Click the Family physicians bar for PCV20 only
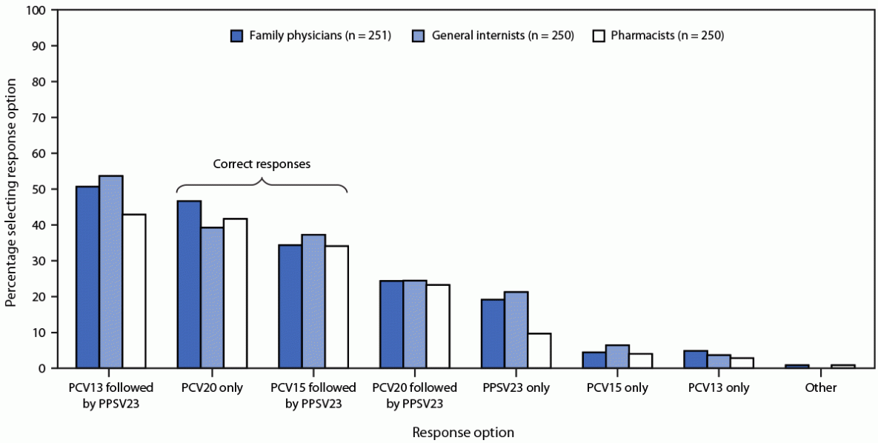pos(188,284)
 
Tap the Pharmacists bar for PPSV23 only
pos(539,350)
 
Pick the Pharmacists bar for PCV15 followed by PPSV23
pos(336,307)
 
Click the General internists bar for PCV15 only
pos(617,356)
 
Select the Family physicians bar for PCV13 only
pos(695,359)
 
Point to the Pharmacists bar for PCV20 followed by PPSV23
pos(437,326)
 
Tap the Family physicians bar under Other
pos(796,366)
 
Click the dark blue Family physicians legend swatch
pos(237,35)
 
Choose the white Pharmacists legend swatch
pos(600,35)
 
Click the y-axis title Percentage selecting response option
pos(11,190)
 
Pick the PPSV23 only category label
pos(516,388)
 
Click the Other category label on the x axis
pos(820,388)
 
